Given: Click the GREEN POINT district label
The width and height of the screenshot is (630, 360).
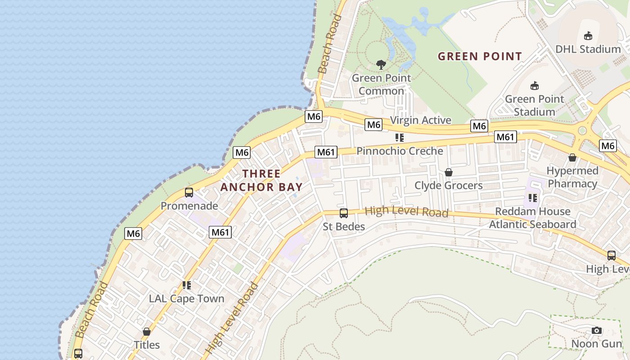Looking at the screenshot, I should point(480,57).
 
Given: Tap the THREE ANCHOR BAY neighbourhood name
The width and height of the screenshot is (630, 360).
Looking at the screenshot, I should point(261,180).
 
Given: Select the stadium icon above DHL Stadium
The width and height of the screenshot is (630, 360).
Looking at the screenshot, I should point(588,36).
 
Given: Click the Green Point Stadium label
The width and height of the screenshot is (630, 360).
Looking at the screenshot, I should point(535,105).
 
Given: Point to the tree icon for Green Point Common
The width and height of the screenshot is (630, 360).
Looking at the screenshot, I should point(381,64).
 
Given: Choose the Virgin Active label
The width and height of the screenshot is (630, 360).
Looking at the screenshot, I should point(420,120).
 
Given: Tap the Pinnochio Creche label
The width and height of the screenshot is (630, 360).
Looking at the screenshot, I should point(400,151).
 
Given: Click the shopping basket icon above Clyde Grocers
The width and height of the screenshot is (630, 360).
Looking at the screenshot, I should point(448,172).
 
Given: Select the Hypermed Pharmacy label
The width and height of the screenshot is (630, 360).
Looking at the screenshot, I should point(572,177).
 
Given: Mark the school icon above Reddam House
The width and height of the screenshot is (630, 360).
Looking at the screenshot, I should point(533,198).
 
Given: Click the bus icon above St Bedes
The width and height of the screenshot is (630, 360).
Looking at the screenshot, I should point(343,213).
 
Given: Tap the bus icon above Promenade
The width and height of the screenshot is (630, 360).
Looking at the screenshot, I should point(189,193).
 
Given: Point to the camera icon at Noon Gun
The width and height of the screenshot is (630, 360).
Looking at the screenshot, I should point(597,331).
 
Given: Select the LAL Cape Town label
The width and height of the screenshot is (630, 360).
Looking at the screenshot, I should point(186,299).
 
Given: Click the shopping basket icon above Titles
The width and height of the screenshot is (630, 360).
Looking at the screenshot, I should point(147,332).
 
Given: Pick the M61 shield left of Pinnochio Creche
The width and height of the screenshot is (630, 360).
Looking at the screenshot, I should point(326,152).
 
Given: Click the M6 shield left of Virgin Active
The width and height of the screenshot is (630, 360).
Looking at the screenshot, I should point(373,125).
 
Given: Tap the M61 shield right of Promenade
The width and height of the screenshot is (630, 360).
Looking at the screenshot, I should point(220,232).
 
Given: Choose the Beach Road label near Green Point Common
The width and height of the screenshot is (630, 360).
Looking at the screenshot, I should point(330,44).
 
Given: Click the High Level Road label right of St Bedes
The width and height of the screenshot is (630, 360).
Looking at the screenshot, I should point(406,211).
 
